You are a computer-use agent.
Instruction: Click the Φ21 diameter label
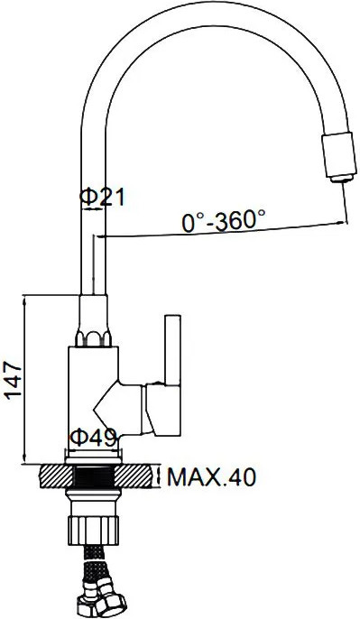click(x=102, y=197)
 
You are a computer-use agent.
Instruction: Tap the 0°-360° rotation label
click(x=224, y=220)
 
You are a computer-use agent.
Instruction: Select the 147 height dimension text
click(x=14, y=380)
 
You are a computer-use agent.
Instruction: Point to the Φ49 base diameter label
click(x=94, y=437)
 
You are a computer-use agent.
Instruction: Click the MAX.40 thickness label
click(x=211, y=477)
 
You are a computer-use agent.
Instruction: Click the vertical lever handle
click(x=173, y=349)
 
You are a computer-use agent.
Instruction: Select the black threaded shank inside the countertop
click(x=95, y=476)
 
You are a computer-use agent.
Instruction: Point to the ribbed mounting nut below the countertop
click(x=94, y=530)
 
